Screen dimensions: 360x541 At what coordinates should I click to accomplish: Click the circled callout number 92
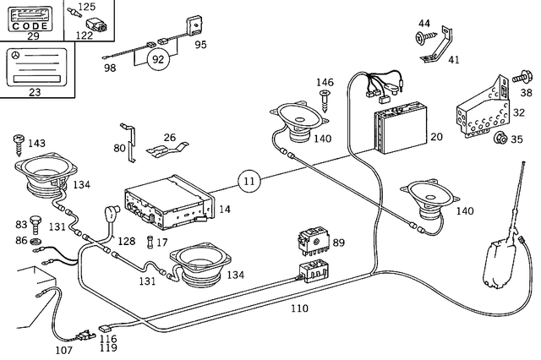[x=156, y=60]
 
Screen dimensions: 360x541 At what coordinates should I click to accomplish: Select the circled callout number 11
[x=248, y=180]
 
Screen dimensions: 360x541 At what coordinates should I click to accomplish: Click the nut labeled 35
[x=500, y=139]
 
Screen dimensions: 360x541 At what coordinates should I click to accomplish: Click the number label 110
[x=299, y=308]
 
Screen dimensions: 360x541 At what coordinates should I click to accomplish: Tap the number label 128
[x=126, y=242]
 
